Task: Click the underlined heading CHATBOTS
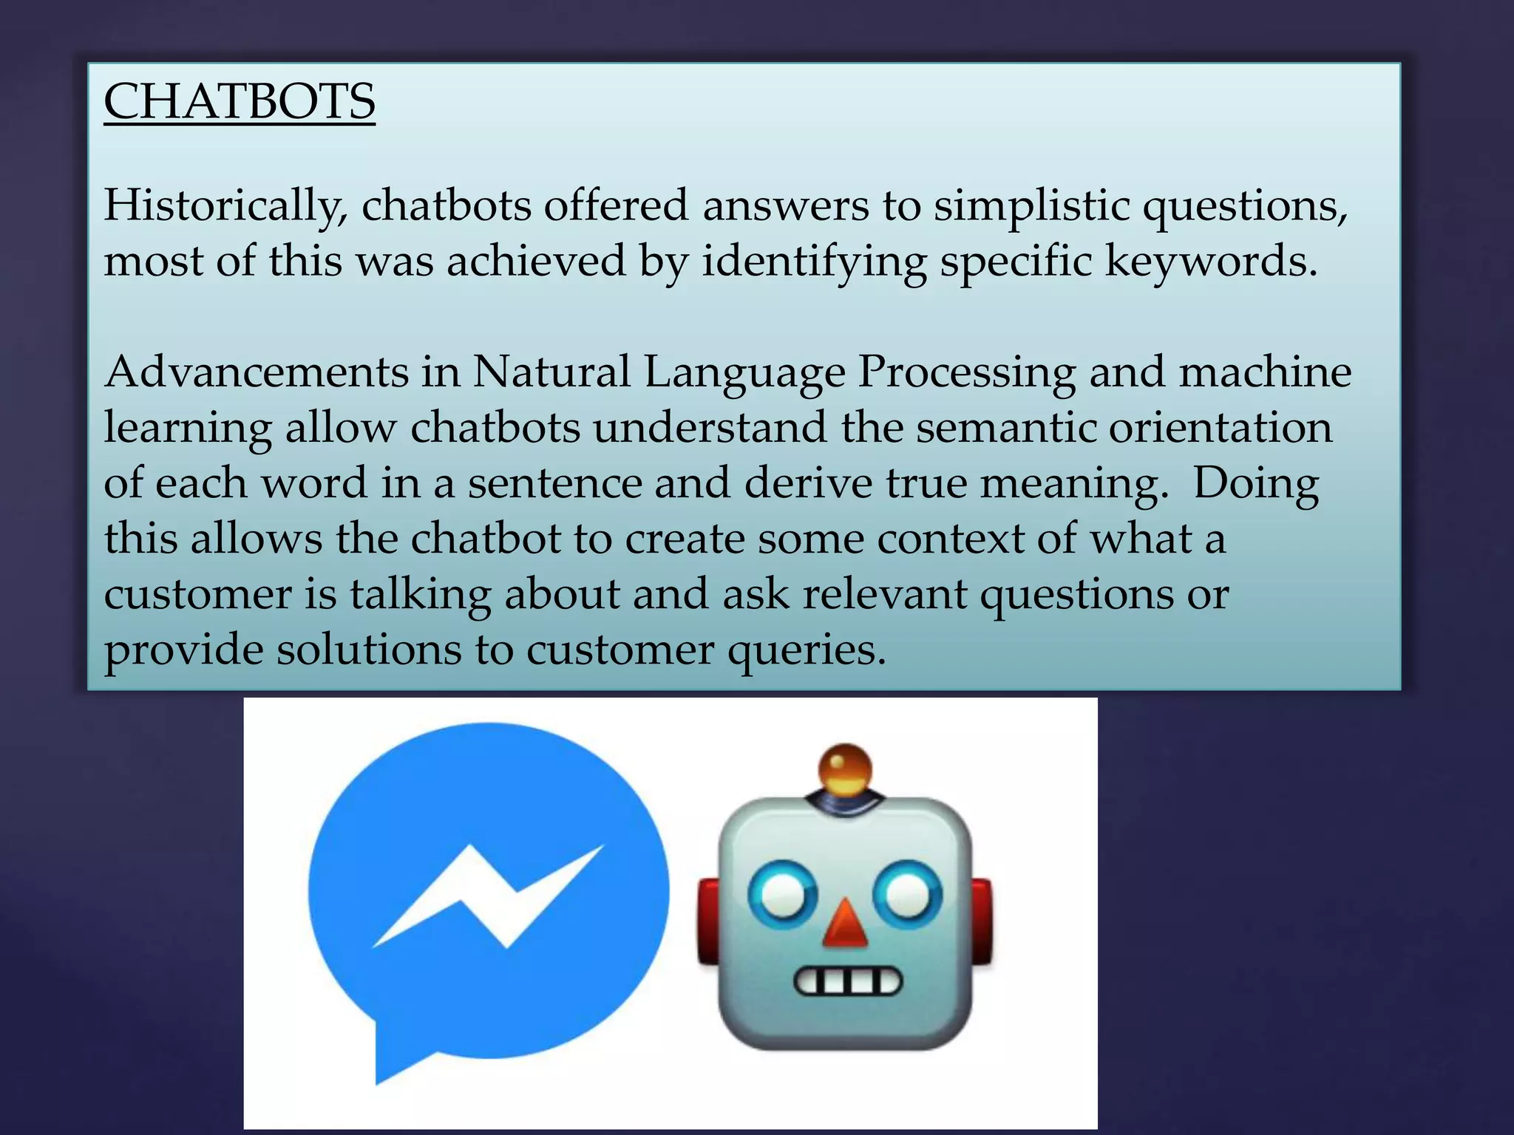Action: [x=240, y=101]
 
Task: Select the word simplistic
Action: [x=1031, y=205]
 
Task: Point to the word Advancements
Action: [x=256, y=371]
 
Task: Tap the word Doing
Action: [x=1256, y=484]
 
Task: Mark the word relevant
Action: [x=885, y=594]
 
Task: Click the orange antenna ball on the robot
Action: [x=846, y=768]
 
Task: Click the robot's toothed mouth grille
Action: [x=848, y=983]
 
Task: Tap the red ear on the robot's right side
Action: [x=981, y=920]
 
